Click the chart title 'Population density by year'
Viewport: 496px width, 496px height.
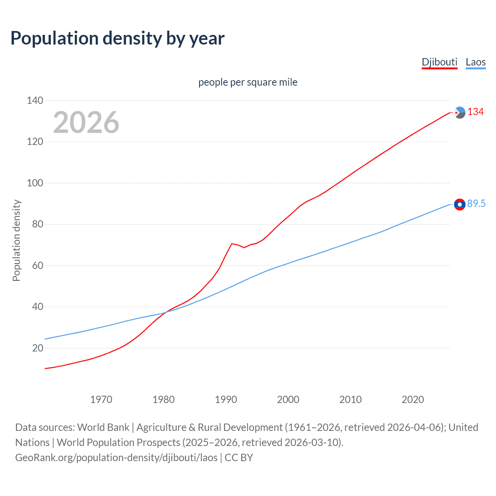[117, 38]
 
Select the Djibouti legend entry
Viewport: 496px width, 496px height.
[439, 62]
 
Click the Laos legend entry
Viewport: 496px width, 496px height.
[475, 62]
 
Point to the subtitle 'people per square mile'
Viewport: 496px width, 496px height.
[248, 82]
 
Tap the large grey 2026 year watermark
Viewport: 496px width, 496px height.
[86, 122]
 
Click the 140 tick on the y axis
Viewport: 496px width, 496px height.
[35, 100]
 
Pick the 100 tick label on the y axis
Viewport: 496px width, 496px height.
[35, 183]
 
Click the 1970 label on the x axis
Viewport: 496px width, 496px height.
[101, 400]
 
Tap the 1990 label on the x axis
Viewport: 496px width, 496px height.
[226, 400]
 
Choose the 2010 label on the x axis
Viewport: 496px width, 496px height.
[350, 400]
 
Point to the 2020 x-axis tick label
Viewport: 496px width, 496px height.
[413, 400]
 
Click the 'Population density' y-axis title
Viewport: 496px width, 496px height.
[16, 240]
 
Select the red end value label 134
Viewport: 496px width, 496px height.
[475, 112]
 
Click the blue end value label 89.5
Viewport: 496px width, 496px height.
[476, 204]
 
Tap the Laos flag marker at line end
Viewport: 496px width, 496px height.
[460, 204]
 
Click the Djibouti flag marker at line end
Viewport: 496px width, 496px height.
[460, 112]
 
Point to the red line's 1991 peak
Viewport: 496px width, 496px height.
[232, 244]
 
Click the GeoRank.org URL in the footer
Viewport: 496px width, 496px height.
[116, 458]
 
